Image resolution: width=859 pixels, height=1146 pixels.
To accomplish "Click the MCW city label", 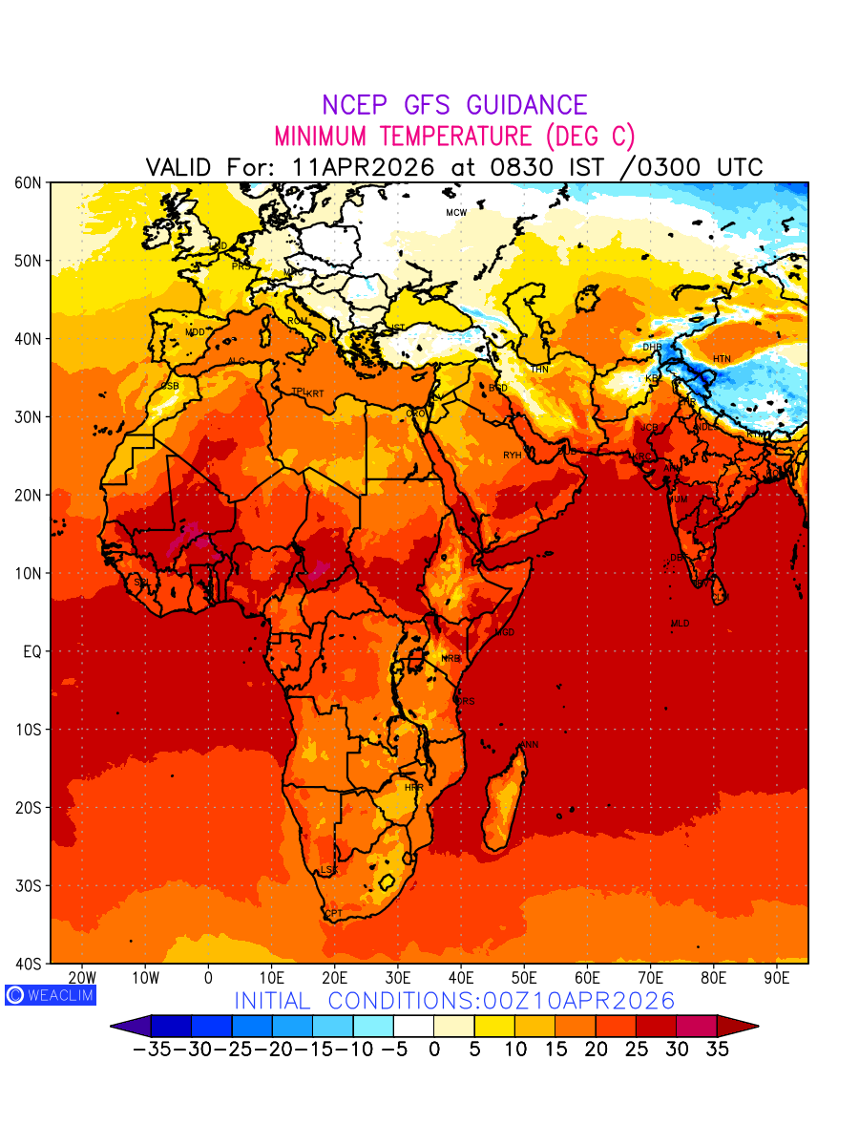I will point(456,212).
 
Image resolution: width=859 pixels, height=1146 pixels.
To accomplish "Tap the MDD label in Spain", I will point(195,332).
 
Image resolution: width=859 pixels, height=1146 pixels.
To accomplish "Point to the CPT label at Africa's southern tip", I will point(333,914).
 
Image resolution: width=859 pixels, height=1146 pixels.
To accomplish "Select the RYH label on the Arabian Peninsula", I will point(513,456).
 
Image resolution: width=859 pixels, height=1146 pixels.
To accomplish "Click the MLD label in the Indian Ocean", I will point(680,624).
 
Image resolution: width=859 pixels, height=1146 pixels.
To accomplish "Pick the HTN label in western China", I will point(722,359).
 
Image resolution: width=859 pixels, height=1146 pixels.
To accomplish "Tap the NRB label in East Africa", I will point(450,659).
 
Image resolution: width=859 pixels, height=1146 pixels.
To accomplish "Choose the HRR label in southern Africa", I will point(413,787).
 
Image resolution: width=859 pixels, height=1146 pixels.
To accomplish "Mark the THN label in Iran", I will point(539,370).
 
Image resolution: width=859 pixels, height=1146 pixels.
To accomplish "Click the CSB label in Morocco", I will point(170,386).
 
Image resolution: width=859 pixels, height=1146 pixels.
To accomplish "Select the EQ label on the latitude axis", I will point(32,651).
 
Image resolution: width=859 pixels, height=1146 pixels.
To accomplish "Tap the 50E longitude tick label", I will point(524,978).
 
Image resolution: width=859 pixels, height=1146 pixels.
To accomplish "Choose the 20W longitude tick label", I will point(82,978).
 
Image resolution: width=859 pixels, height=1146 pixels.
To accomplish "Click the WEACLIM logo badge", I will point(50,994).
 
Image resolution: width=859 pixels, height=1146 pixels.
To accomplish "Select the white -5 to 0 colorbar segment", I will point(413,1027).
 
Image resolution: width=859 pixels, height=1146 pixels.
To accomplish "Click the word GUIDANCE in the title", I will point(520,105).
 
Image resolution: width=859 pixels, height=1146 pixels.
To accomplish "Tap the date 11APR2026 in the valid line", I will point(365,167).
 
